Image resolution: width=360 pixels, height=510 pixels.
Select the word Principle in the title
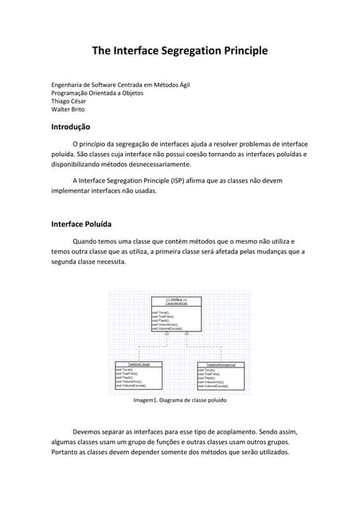point(242,51)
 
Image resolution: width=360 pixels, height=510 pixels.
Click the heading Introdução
point(70,127)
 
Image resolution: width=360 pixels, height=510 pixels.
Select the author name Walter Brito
point(68,111)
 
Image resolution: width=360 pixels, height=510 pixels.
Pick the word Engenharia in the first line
point(68,84)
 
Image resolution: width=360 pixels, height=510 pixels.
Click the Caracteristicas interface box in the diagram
point(176,314)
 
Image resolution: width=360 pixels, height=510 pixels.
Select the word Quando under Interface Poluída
point(88,241)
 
